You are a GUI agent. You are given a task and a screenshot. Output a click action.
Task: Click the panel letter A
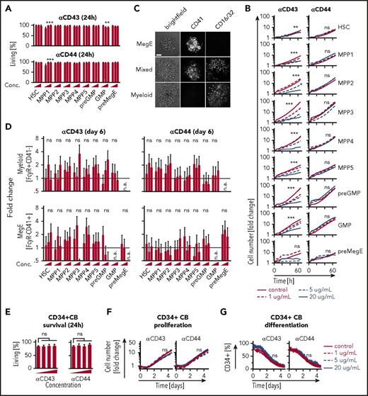(5, 6)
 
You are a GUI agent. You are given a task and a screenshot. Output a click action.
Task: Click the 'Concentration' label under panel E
(63, 390)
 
